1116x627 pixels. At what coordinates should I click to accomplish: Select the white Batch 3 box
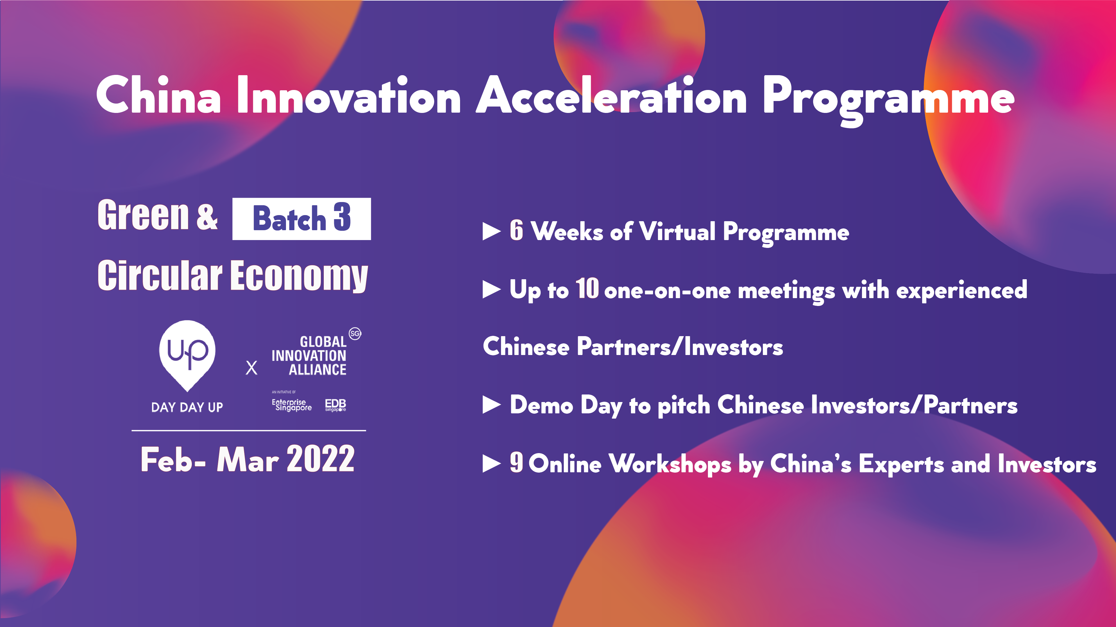302,219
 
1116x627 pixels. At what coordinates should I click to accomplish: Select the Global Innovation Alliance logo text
309,356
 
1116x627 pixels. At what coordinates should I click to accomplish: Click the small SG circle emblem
355,334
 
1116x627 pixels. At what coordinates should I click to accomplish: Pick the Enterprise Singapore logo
291,404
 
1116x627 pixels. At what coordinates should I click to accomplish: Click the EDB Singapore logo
335,405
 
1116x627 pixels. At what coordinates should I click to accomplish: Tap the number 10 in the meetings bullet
587,289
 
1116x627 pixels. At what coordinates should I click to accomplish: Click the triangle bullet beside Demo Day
491,406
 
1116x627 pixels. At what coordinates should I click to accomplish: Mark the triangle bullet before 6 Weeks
491,232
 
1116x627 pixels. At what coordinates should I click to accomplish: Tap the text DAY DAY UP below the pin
187,407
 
